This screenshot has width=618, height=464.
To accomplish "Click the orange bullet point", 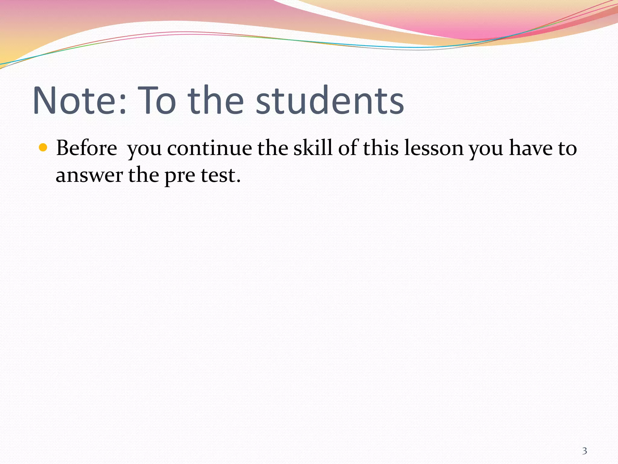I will (x=43, y=148).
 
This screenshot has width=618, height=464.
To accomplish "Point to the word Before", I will (x=87, y=148).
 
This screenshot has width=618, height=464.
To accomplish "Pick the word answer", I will (x=89, y=175).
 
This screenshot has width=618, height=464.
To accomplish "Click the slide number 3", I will (x=585, y=451).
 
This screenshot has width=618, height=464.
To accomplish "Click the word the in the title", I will (x=215, y=101).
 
